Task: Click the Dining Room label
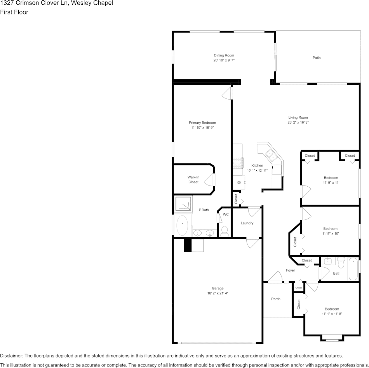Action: coord(224,55)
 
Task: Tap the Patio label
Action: coord(317,58)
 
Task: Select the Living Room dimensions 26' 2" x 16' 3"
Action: coord(298,123)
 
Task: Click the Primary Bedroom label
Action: coord(202,123)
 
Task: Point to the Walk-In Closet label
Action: coord(193,180)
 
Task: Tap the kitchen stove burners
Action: coord(238,163)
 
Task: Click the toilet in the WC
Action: coord(225,231)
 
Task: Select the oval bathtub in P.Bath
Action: coord(182,226)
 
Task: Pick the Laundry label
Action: coord(247,223)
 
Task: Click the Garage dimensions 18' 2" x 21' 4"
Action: coord(218,293)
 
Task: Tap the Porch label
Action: coord(275,299)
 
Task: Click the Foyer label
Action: coord(291,270)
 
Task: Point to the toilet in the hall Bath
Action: coord(341,263)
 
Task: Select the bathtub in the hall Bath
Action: coord(353,269)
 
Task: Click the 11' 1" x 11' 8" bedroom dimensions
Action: coord(332,314)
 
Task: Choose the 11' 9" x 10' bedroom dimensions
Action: coord(331,234)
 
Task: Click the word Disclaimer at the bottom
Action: coord(12,356)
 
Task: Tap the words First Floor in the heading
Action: coord(14,12)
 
